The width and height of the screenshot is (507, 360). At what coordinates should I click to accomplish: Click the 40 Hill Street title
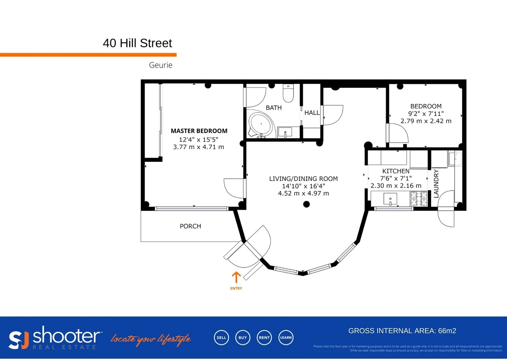(x=137, y=43)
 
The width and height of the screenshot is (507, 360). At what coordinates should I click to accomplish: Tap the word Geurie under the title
(x=161, y=65)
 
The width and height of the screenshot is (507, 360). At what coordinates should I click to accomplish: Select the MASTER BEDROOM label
(x=199, y=131)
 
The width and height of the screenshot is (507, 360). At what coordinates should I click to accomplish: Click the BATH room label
(x=273, y=108)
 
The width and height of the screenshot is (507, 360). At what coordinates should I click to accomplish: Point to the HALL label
(x=312, y=113)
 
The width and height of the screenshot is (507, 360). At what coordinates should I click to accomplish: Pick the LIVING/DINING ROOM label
(x=303, y=179)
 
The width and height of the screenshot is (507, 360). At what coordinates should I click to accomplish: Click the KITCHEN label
(x=396, y=171)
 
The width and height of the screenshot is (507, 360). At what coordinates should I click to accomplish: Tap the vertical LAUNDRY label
(x=436, y=184)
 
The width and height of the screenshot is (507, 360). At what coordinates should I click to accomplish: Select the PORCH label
(x=190, y=226)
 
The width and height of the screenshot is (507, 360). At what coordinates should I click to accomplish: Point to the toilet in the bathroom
(x=288, y=93)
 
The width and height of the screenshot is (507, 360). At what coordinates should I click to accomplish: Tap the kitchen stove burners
(x=419, y=199)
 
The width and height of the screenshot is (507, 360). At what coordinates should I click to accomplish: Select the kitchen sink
(x=390, y=199)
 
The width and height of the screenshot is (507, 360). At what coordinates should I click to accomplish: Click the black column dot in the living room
(x=306, y=204)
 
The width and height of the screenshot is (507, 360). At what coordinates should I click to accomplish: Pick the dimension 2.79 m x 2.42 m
(x=426, y=121)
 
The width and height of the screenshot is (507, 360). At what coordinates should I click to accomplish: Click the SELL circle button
(x=221, y=338)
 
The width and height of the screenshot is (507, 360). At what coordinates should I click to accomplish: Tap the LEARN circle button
(x=286, y=338)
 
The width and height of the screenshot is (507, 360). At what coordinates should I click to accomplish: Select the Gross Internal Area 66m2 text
(x=402, y=331)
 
